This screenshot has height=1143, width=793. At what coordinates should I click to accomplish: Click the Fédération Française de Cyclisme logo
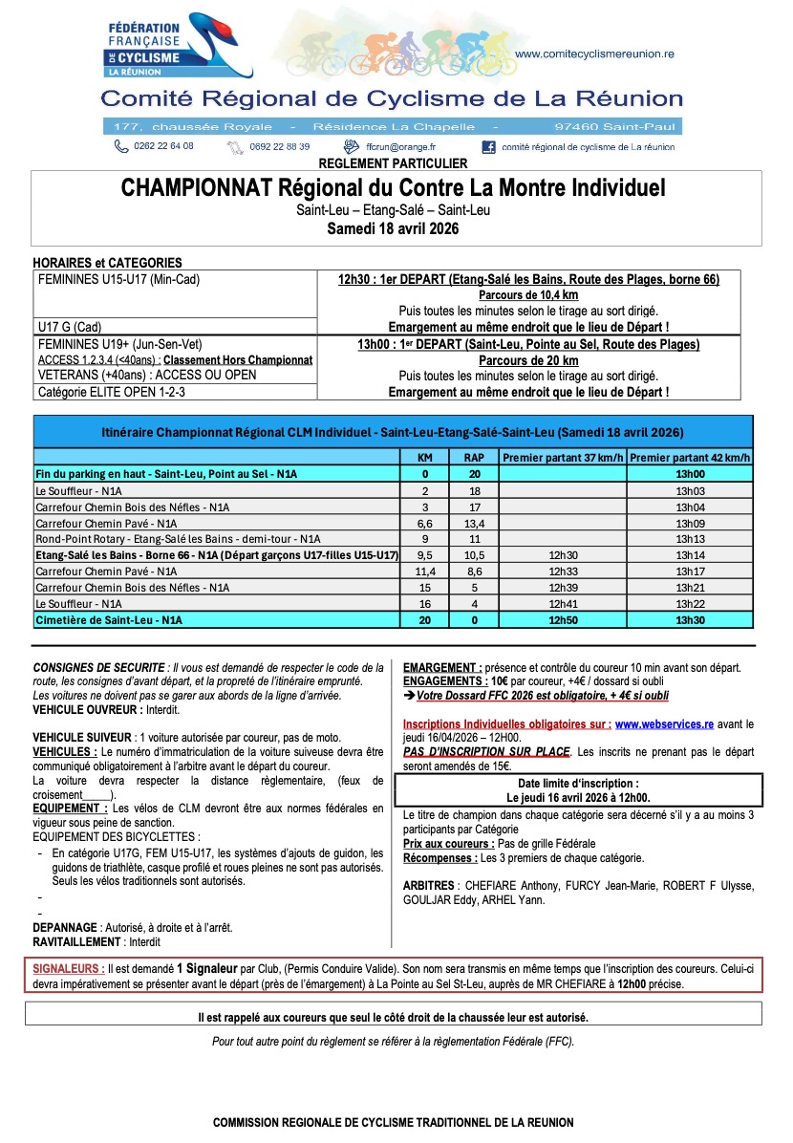coord(178,47)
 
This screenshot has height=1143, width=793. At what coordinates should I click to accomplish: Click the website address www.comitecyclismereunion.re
coord(594,54)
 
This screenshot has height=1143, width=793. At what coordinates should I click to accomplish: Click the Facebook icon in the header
coord(488,147)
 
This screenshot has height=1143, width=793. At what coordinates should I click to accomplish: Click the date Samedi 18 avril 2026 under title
coord(394,228)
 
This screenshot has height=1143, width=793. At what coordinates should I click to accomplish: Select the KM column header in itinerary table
coord(425,457)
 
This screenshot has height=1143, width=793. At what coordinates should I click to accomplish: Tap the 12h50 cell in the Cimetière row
coord(564,620)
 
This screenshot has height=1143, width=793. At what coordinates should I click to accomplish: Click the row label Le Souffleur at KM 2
coord(70,490)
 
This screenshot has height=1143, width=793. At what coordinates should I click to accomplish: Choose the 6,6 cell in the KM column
coord(425,523)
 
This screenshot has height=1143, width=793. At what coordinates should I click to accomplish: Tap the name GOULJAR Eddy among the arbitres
coord(436,899)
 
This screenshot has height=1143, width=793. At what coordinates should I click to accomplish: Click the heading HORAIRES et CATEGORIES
coord(107,263)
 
